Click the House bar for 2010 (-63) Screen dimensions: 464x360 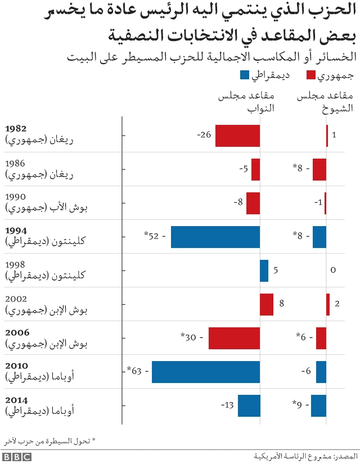click(206, 372)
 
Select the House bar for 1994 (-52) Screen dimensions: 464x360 click(215, 237)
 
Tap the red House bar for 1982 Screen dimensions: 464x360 click(237, 136)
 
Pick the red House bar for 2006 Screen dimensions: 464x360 click(234, 338)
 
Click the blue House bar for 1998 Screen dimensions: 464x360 click(264, 271)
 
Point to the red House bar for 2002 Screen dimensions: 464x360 click(267, 304)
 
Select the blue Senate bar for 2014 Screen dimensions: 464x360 click(318, 406)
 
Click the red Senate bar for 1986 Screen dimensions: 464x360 click(319, 169)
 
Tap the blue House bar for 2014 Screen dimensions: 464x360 click(249, 406)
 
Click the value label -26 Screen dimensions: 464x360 click(204, 136)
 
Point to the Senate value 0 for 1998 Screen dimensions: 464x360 click(333, 271)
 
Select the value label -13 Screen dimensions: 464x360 click(227, 406)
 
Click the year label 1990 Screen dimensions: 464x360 click(15, 197)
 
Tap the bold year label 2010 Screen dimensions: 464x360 click(16, 366)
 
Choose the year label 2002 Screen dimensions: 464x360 click(16, 298)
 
